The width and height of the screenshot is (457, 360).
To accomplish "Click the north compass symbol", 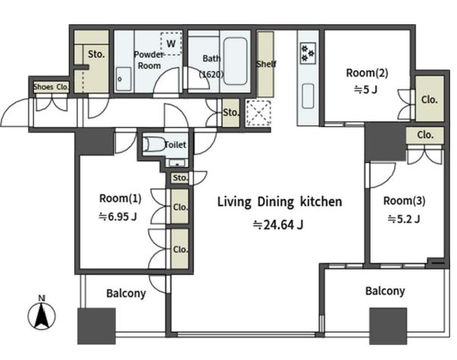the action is point(42,314).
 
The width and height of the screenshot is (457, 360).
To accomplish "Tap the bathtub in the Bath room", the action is point(235,61).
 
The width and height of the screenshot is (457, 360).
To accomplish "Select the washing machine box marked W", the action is point(171,43).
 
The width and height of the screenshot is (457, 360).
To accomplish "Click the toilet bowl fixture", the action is point(154,144).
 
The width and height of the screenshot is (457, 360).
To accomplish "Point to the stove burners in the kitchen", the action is point(308,53).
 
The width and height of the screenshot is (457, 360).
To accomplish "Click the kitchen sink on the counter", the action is point(308,96).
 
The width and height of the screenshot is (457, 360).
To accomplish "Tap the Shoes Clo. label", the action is point(51,87).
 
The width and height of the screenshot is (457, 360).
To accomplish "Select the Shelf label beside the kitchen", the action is point(266,64).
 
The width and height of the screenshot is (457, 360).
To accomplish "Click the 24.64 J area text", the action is point(278,225).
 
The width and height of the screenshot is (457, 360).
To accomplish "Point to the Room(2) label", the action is point(367,73).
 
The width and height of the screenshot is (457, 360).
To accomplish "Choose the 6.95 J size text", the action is point(117,217).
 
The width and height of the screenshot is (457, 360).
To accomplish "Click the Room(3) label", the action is point(404,201).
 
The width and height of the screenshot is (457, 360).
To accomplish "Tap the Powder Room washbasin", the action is point(124,79).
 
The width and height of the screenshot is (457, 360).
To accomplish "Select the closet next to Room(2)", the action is point(429,99).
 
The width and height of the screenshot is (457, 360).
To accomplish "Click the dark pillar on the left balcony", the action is point(96,326).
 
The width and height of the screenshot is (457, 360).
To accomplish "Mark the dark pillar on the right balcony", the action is point(388,326).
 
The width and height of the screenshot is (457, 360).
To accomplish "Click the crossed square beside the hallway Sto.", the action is point(258,113).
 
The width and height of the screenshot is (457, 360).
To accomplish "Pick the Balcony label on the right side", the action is point(385,291).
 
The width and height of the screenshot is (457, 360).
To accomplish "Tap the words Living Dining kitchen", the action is point(280,202).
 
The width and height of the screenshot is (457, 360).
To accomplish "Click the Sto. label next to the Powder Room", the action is point(96,54).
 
